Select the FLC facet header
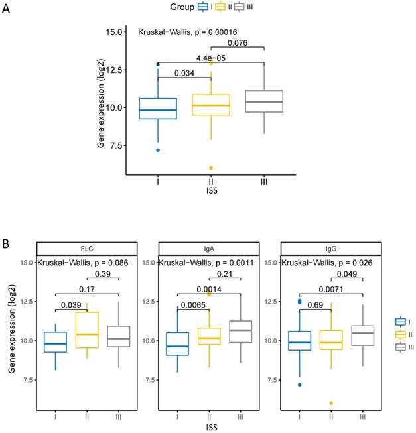pyautogui.click(x=87, y=248)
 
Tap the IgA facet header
pyautogui.click(x=208, y=248)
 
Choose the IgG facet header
pyautogui.click(x=330, y=248)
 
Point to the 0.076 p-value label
pyautogui.click(x=238, y=44)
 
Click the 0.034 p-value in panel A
pyautogui.click(x=184, y=73)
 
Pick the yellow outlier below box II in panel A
pyautogui.click(x=211, y=168)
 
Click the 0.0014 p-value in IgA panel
pyautogui.click(x=208, y=290)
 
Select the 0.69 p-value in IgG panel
pyautogui.click(x=314, y=304)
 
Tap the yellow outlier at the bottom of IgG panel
pyautogui.click(x=330, y=403)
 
